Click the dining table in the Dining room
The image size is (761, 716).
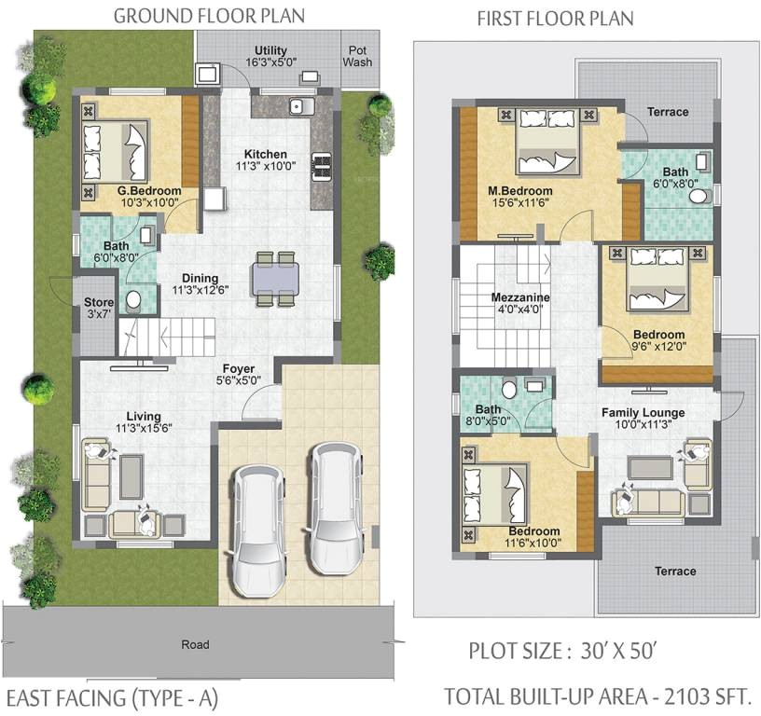(275, 279)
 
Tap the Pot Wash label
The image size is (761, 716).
(356, 57)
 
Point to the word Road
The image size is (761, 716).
(195, 644)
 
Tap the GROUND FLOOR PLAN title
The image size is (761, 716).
(208, 17)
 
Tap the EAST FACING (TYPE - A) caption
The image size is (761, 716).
(113, 697)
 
